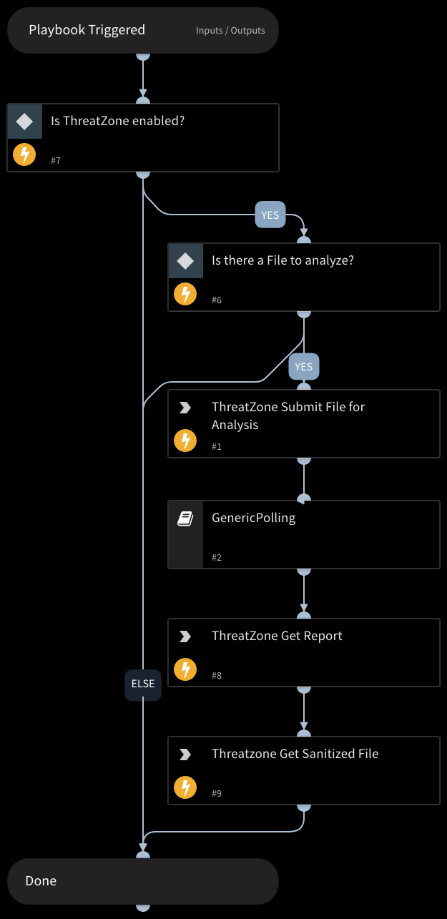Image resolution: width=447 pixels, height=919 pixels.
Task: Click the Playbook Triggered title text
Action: click(x=87, y=30)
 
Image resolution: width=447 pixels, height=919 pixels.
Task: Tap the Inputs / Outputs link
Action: click(x=230, y=31)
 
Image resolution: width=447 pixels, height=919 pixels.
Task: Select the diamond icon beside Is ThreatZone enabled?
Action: click(x=25, y=122)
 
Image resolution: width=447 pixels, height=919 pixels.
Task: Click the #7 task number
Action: click(x=56, y=161)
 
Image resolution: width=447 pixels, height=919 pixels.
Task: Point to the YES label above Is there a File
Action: click(x=270, y=215)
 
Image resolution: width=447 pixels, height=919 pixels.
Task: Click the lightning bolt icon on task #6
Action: click(x=185, y=295)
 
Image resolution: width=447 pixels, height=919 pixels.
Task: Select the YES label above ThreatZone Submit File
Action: click(x=304, y=367)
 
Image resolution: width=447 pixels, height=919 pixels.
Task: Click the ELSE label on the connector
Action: click(x=143, y=684)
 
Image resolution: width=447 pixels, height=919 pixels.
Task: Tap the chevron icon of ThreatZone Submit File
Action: click(x=185, y=408)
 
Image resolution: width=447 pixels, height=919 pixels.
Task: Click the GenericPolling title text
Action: click(x=253, y=518)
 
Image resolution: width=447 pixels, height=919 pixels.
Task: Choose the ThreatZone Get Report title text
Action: click(x=277, y=636)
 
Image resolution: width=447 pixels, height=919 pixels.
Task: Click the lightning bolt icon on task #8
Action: click(x=185, y=670)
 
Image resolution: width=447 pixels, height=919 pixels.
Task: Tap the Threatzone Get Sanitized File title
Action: click(x=295, y=754)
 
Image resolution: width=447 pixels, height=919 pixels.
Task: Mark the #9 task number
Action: click(x=217, y=794)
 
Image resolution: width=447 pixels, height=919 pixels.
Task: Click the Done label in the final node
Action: click(x=41, y=881)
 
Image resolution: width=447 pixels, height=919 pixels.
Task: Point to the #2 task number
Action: click(x=217, y=558)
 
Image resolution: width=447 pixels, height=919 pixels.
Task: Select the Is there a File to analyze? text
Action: click(x=283, y=260)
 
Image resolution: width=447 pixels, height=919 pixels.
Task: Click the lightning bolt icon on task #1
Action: click(x=185, y=441)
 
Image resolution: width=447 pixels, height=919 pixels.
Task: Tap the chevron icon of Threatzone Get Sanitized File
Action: click(x=185, y=755)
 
